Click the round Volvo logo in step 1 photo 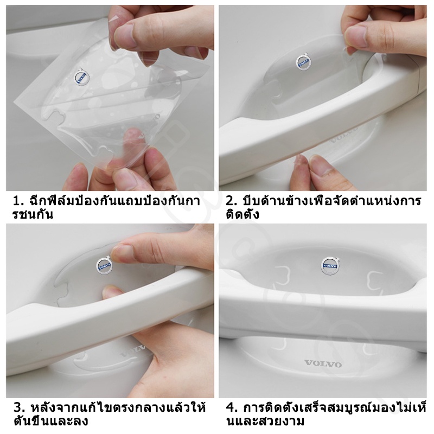tap(82, 77)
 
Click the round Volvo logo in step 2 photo tap(304, 63)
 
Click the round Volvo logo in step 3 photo tap(104, 266)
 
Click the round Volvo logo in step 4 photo tap(330, 266)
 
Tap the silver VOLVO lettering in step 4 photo tap(323, 363)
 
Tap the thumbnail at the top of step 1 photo tap(125, 35)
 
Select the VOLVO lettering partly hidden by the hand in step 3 tap(133, 351)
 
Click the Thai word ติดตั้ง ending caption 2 tap(242, 214)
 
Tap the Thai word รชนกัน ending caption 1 tap(33, 214)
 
